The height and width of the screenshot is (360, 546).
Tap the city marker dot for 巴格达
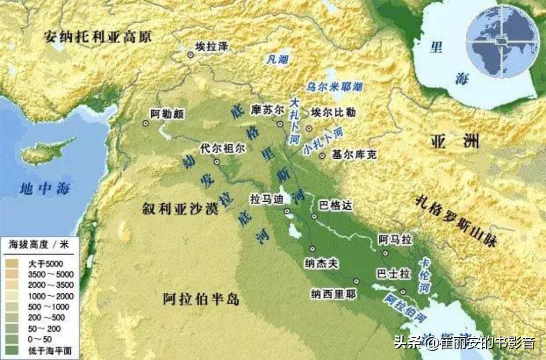[x=314, y=216]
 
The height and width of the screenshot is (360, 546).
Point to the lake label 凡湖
[x=277, y=59]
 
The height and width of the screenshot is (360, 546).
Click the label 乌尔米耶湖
[x=329, y=86]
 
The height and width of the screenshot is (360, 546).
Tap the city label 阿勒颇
[x=167, y=114]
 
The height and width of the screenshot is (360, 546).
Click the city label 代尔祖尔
[x=222, y=148]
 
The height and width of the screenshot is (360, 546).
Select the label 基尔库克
[x=354, y=155]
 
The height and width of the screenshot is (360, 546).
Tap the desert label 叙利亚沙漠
[x=179, y=208]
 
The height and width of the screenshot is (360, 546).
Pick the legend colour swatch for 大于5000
[x=12, y=263]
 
